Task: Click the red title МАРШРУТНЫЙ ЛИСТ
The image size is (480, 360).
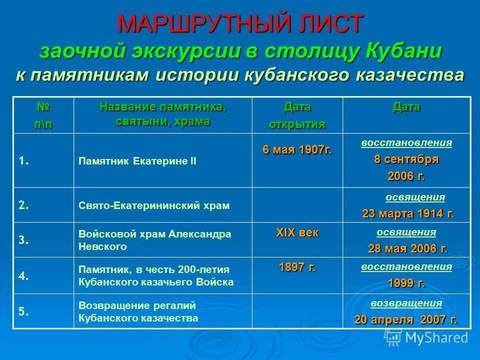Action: point(240,23)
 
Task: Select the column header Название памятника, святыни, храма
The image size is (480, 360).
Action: point(162,114)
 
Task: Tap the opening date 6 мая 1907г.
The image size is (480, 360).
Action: point(297,149)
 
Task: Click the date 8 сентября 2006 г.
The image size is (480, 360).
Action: point(406,168)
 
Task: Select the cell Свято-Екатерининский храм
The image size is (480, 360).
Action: point(154,205)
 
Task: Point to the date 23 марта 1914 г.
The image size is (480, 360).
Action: point(408,214)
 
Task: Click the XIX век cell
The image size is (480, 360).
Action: point(297,232)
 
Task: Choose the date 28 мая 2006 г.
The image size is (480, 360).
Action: point(408,248)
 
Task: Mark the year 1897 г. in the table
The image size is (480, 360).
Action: point(297,267)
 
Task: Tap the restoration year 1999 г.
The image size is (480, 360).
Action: point(406,283)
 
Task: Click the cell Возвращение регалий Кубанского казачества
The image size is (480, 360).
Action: point(138,311)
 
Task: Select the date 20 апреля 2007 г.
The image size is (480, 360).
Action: point(405,319)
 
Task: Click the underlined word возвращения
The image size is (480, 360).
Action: point(406,303)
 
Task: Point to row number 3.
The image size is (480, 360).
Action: point(23,240)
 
